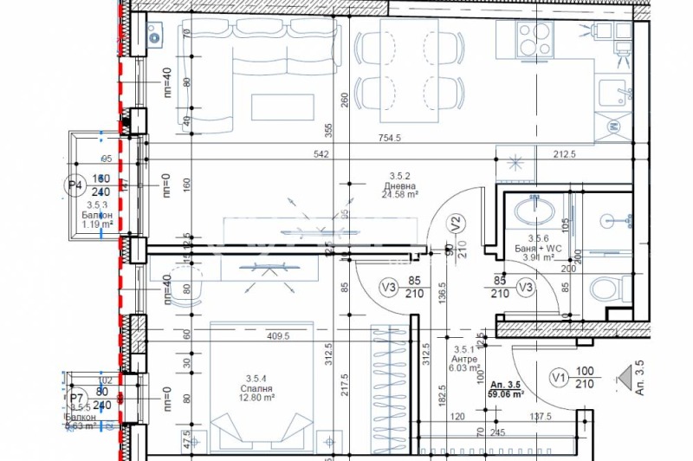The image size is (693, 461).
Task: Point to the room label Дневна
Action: (400, 185)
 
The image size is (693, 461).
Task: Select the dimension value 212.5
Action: (564, 155)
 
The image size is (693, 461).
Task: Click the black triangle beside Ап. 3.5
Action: (625, 379)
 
